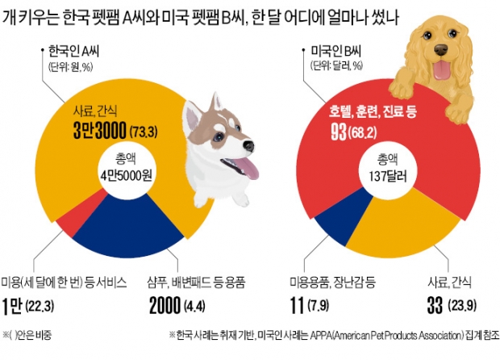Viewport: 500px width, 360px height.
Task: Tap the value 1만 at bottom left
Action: tap(17, 304)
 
